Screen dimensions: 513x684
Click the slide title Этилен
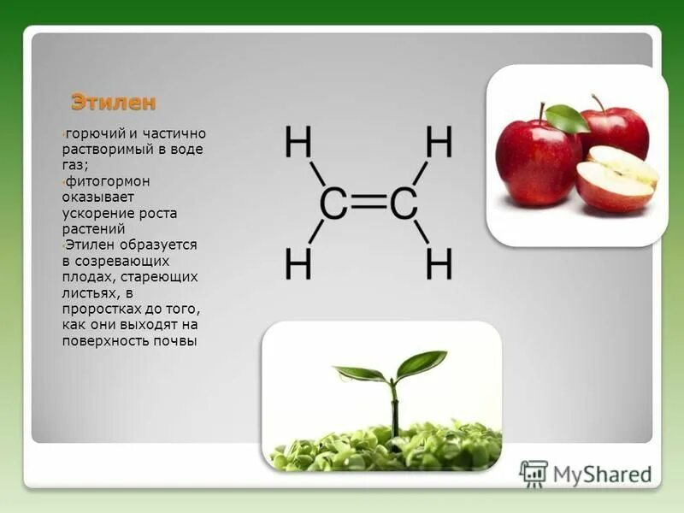pyautogui.click(x=114, y=103)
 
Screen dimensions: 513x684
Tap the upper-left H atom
pyautogui.click(x=298, y=142)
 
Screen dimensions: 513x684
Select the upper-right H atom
pyautogui.click(x=439, y=142)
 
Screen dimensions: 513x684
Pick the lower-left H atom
pyautogui.click(x=298, y=265)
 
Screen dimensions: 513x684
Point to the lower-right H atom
pyautogui.click(x=439, y=265)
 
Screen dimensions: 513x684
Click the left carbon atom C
pyautogui.click(x=333, y=204)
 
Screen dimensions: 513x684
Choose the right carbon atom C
pyautogui.click(x=403, y=204)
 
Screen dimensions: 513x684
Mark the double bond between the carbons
pyautogui.click(x=369, y=204)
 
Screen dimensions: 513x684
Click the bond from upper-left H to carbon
pyautogui.click(x=316, y=174)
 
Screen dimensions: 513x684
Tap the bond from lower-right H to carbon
pyautogui.click(x=422, y=233)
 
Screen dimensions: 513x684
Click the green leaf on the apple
pyautogui.click(x=567, y=118)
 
